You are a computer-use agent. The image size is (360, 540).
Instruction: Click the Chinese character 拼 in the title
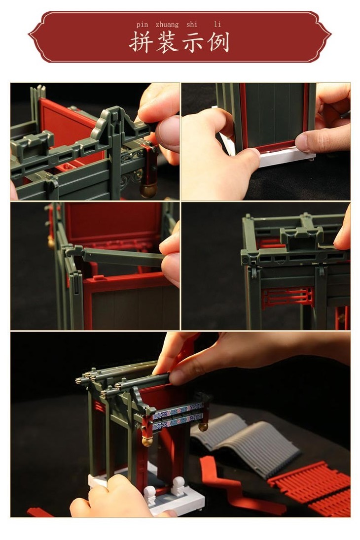[141, 42]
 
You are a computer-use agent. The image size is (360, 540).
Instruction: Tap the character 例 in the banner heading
[218, 42]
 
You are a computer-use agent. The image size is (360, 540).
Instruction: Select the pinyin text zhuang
[167, 25]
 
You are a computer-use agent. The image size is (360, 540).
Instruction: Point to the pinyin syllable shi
[192, 25]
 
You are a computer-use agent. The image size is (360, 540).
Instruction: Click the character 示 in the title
[193, 43]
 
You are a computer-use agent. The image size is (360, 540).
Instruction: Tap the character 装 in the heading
[167, 42]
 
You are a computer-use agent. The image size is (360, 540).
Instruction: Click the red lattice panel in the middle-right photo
[288, 298]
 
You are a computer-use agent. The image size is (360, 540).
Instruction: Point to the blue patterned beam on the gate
[178, 417]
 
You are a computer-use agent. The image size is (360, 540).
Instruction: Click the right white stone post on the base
[179, 486]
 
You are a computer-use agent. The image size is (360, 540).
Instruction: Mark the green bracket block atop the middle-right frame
[301, 237]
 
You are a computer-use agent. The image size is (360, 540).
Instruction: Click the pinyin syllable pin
[142, 25]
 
